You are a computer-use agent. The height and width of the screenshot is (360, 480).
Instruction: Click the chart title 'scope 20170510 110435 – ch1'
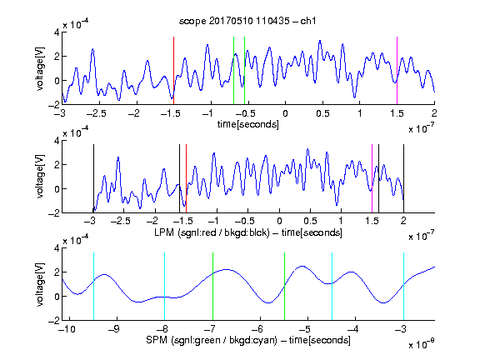247,21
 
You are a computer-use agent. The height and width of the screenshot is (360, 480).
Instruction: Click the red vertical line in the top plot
173,71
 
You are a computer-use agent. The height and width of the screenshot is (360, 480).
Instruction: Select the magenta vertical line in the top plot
397,71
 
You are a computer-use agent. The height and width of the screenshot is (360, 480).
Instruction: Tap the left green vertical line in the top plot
233,71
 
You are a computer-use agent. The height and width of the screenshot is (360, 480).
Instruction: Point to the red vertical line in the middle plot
186,178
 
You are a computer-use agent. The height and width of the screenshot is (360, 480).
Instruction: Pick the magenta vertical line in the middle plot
372,178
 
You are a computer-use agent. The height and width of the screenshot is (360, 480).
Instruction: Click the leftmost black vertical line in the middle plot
93,178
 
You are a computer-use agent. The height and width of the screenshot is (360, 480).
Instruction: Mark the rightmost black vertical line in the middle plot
403,178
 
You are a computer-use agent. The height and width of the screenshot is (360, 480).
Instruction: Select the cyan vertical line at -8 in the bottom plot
164,286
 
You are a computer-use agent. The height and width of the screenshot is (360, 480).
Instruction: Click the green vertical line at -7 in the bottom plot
212,286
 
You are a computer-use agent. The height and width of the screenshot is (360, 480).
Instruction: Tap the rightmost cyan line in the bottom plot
403,286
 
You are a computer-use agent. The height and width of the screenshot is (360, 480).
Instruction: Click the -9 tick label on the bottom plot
114,329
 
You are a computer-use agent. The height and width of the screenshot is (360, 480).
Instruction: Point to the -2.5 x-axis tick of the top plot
96,113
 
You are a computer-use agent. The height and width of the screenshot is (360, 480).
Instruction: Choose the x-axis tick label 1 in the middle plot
341,221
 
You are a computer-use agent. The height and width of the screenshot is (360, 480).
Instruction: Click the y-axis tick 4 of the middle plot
57,141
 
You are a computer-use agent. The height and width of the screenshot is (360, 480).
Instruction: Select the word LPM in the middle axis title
164,232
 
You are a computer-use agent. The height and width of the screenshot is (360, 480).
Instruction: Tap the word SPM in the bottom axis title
157,340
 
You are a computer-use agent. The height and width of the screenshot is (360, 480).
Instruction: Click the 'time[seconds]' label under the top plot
248,124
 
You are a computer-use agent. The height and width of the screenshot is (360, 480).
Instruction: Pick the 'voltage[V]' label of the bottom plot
40,284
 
